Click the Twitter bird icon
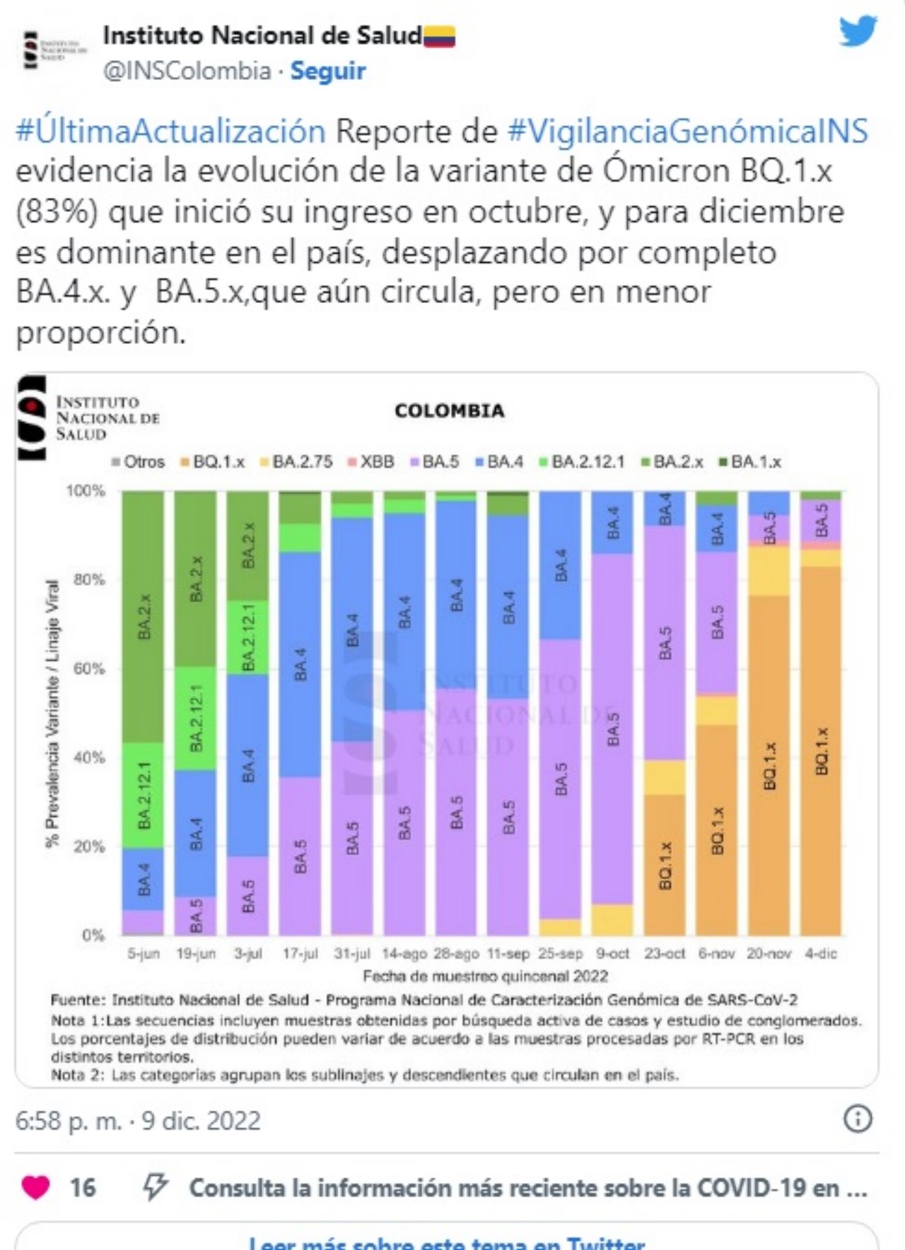tap(858, 32)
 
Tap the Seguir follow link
tap(327, 71)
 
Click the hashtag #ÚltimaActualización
tap(170, 131)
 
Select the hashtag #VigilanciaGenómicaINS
tap(687, 131)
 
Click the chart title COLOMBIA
tap(450, 411)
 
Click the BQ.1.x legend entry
tap(213, 462)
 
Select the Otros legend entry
tap(139, 462)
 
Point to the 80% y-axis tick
tap(89, 579)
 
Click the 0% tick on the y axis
tap(93, 936)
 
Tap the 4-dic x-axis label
tap(821, 953)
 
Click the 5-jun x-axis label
tap(144, 953)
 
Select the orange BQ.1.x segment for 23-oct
tap(665, 866)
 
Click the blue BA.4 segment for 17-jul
tap(300, 664)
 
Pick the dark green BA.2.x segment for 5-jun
tap(144, 615)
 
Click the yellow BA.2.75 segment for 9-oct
tap(613, 919)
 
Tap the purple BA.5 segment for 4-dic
tap(821, 520)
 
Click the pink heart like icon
tap(36, 1188)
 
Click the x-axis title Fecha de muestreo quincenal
tap(485, 976)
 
